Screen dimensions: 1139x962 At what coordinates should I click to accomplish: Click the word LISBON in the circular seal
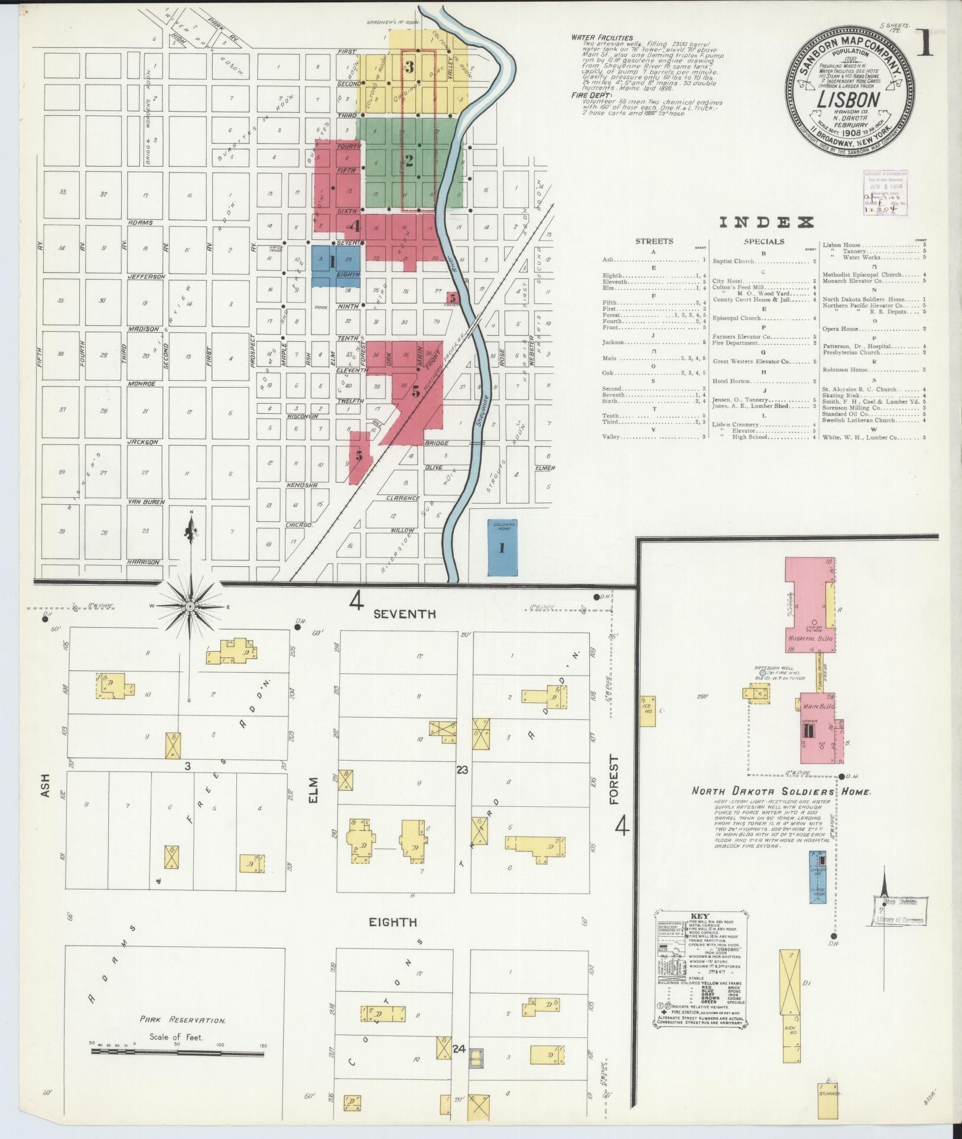(x=849, y=99)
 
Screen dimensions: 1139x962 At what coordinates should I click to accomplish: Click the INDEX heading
(x=766, y=223)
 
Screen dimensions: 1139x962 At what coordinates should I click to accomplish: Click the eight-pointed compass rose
(x=190, y=607)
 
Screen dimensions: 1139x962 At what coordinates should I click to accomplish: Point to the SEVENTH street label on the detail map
(x=405, y=615)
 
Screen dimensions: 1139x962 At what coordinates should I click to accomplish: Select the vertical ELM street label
(x=313, y=790)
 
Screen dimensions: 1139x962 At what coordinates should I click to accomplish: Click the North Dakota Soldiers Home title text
(x=781, y=791)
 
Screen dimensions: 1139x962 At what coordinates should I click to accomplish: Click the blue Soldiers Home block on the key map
(x=501, y=547)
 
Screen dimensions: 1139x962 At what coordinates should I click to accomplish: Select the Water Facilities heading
(x=602, y=38)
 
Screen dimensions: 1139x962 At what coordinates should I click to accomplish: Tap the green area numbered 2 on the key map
(x=408, y=161)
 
